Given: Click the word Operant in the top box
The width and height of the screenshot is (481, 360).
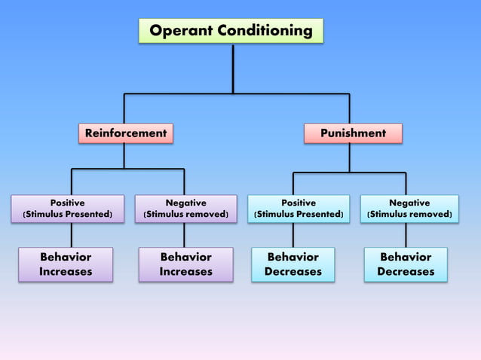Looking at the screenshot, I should point(182,31).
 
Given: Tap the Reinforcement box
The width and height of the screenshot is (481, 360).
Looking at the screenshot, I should point(125,133).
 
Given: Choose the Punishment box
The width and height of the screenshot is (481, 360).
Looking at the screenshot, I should point(353,133).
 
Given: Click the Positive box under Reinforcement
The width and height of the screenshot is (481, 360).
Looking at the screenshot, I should point(67,209).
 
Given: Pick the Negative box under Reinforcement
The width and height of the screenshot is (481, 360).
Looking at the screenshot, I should point(185,209).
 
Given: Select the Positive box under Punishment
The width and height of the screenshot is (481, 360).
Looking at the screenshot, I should point(299,209).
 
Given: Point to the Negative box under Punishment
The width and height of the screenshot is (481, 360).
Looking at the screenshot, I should point(409,209).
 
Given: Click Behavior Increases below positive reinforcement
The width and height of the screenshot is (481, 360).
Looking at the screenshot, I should point(66,264).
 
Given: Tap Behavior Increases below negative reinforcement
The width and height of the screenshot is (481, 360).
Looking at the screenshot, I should point(185,264).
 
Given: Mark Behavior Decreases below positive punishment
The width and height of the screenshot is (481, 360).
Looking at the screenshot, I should point(293,264).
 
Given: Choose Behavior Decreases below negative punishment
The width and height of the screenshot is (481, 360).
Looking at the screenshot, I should point(406,264).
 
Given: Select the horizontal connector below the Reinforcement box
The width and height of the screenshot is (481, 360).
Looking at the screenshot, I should point(127,169).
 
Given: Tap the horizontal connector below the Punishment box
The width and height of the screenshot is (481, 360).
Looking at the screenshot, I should point(349,172).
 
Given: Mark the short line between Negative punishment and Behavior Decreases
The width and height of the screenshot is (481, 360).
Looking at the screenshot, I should point(406,235).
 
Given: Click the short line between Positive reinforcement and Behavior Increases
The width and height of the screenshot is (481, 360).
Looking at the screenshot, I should point(72,235).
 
